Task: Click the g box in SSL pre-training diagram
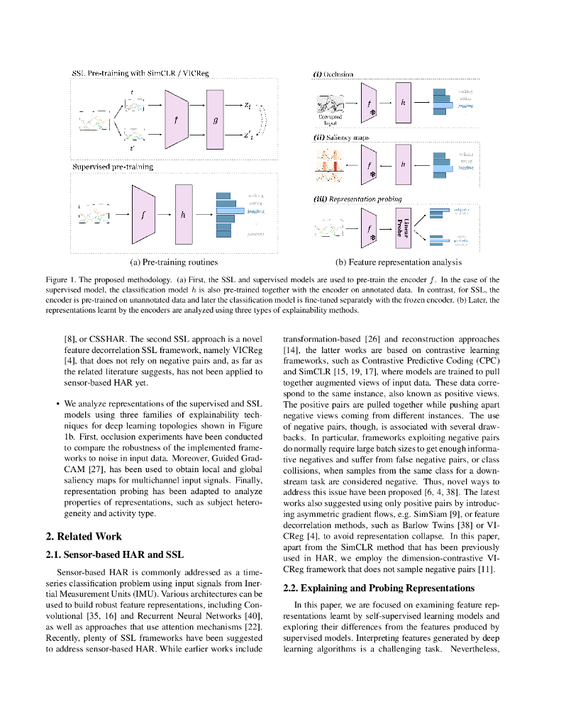[x=216, y=119]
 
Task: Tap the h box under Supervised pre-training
[x=183, y=213]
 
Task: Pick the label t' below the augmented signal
[x=131, y=148]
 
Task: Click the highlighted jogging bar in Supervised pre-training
[x=230, y=211]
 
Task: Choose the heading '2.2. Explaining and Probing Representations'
[x=379, y=588]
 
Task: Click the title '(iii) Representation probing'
[x=357, y=199]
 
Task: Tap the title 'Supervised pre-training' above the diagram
[x=112, y=167]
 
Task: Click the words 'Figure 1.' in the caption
[x=60, y=279]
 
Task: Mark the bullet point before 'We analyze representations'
[x=57, y=405]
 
